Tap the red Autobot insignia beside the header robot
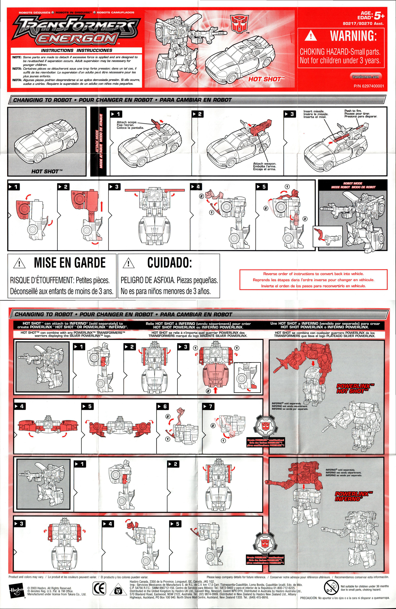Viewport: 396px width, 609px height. (x=239, y=24)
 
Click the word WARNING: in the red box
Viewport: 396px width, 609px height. (x=353, y=36)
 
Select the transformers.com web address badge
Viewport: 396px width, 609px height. (x=365, y=77)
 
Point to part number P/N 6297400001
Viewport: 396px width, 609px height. (x=368, y=86)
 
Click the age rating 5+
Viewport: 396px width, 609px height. (x=379, y=16)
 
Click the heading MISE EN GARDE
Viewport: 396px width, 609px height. (x=70, y=263)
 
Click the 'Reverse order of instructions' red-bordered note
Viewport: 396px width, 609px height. (x=313, y=280)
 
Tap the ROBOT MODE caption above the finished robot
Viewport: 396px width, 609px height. (x=353, y=185)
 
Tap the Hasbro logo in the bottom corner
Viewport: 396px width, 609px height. (x=17, y=589)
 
